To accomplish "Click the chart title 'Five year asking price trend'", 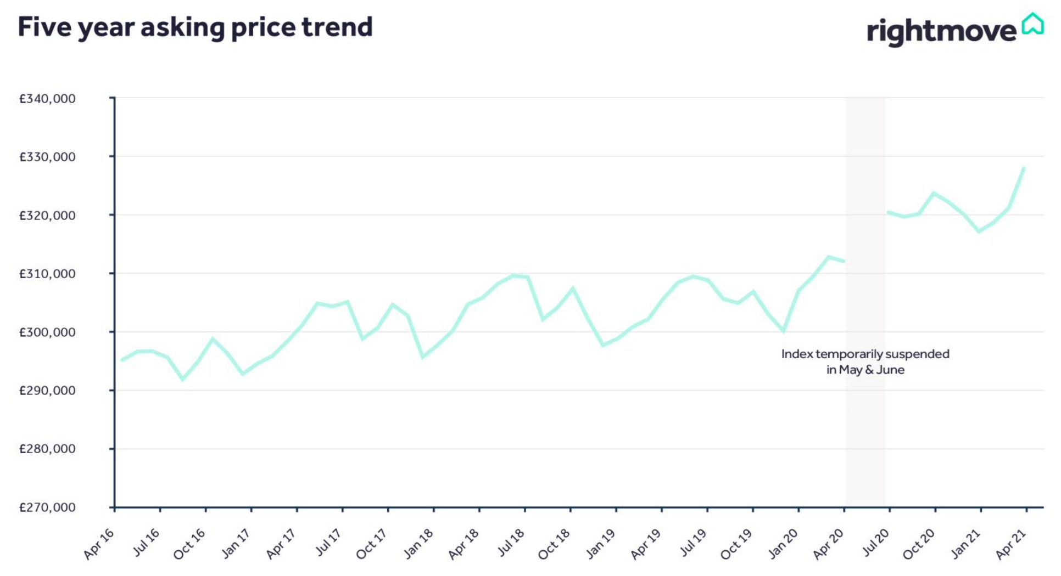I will [195, 27].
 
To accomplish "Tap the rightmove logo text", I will [941, 31].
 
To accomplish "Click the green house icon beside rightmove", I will [1032, 24].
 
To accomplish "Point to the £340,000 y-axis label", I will [47, 99].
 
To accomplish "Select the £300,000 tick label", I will [47, 332].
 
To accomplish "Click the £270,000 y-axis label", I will [47, 507].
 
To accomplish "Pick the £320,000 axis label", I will [47, 216].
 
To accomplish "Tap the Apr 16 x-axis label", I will [99, 544].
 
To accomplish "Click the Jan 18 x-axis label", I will [418, 544].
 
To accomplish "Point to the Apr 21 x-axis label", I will [1011, 544].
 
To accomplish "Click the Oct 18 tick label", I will [554, 544].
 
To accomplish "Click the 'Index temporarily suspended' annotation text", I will [865, 354].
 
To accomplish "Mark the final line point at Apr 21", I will [1024, 168].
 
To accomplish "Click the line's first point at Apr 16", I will [122, 360].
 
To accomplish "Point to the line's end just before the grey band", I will [844, 261].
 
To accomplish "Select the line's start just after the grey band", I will [888, 212].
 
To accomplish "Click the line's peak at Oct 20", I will [934, 193].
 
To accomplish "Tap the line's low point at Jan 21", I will [979, 231].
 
